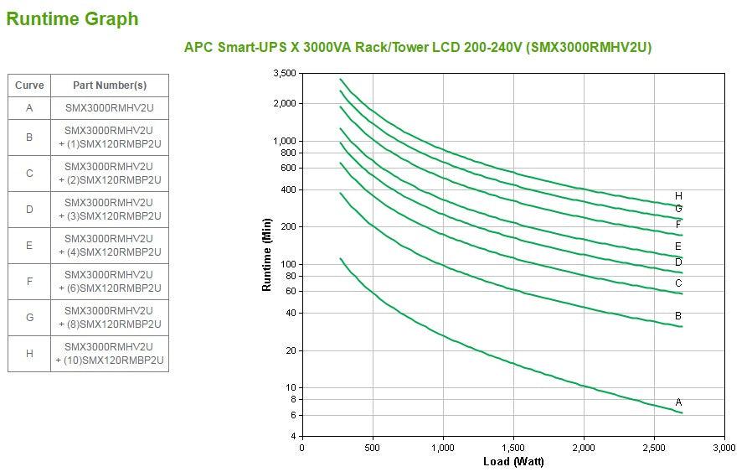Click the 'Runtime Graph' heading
[72, 18]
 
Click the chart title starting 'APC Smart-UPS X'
[417, 47]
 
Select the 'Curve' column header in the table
[29, 85]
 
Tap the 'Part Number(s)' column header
[110, 85]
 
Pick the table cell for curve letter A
[29, 107]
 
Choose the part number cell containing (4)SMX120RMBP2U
[110, 245]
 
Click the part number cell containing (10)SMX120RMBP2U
[110, 353]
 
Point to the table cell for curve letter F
[29, 281]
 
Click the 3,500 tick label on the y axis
[284, 74]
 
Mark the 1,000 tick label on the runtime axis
[284, 141]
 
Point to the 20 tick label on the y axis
[290, 350]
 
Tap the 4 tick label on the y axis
[292, 436]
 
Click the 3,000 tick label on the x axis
[724, 448]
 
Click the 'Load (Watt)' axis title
[512, 462]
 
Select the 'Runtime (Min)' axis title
[267, 254]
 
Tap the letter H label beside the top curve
[678, 195]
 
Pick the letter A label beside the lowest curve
[678, 402]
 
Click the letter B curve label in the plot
[678, 316]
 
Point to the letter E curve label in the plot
[678, 246]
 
